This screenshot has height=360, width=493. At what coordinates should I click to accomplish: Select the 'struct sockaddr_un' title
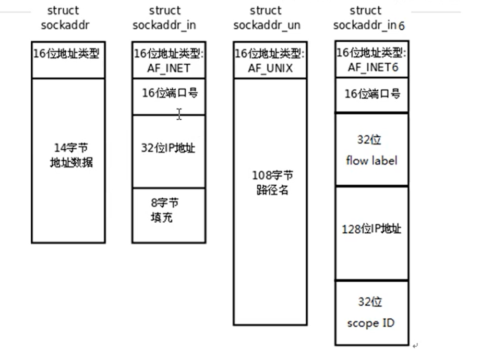267,17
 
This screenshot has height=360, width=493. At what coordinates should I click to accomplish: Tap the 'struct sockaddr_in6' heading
368,17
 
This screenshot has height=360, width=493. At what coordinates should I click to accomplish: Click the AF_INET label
168,68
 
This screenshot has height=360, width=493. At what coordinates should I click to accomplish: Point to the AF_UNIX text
270,68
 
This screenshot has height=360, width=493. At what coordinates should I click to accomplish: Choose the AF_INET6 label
371,67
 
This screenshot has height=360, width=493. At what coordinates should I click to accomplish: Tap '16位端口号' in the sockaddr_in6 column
372,94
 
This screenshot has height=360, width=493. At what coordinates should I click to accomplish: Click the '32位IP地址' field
169,148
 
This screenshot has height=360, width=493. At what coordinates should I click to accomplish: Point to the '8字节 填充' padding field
165,210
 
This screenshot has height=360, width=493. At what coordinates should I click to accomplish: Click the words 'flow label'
371,160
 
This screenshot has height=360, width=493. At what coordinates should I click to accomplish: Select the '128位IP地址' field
371,229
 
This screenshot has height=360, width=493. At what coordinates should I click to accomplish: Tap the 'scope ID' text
370,323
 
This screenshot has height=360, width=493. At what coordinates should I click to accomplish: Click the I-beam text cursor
179,114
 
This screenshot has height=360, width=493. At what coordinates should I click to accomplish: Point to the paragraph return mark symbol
415,345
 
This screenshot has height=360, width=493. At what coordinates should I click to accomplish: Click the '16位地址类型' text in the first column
66,54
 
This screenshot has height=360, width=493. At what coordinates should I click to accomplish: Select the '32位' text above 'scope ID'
370,302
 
